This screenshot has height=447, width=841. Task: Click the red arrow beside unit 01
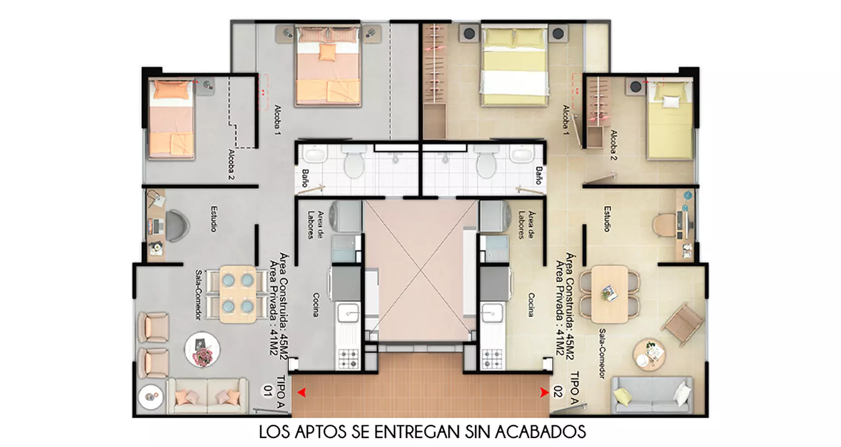(302, 393)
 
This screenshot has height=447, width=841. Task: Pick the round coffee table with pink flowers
(202, 349)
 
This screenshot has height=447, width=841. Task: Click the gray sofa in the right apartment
(652, 395)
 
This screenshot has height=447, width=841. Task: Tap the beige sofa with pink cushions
(207, 396)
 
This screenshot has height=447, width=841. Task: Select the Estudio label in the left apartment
(214, 219)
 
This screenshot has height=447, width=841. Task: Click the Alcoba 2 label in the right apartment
(614, 145)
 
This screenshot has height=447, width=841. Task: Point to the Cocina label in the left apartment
(316, 304)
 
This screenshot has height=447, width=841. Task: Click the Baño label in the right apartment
(538, 175)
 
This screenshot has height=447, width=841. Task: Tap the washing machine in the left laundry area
(346, 216)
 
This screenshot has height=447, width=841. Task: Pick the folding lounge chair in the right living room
(683, 323)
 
